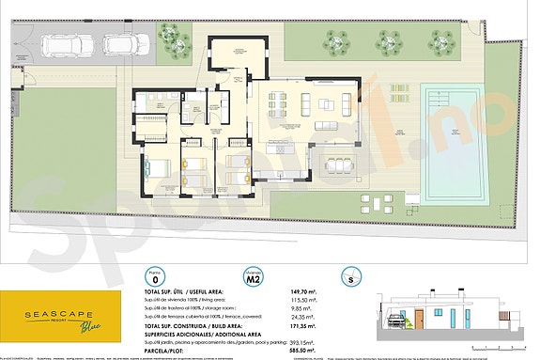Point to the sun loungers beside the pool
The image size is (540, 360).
click(400, 96)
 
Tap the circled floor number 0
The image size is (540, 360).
click(155, 278)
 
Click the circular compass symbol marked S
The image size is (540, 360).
click(350, 278)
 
